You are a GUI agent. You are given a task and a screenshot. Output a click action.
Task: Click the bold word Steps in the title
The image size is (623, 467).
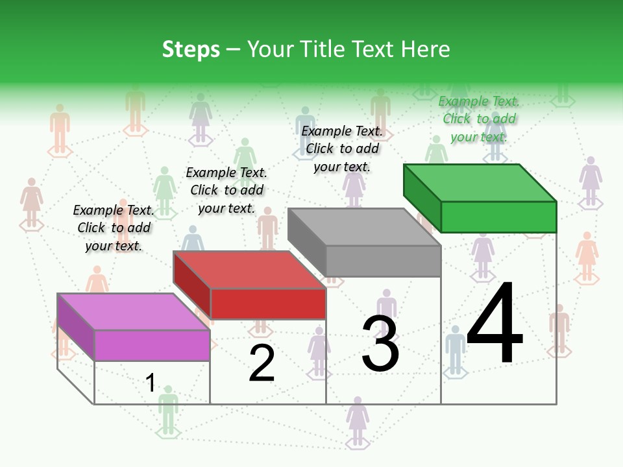point(191,49)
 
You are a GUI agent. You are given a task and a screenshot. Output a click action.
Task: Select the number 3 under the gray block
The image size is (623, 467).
point(380,344)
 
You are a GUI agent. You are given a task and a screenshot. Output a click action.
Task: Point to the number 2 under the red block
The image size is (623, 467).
point(262,363)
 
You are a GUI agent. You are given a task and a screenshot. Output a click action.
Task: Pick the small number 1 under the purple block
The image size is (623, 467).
point(151,383)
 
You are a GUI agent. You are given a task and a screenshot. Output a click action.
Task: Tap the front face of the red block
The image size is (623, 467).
point(268,304)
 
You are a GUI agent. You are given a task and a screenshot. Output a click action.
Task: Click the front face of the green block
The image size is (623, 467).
point(498,217)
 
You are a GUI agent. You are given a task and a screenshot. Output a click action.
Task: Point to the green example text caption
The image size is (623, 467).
point(479,119)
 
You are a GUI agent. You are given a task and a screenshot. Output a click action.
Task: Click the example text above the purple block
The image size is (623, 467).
point(114,228)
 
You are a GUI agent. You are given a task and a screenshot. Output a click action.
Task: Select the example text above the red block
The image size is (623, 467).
point(226,190)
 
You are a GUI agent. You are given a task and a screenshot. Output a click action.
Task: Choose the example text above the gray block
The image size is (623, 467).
point(342,149)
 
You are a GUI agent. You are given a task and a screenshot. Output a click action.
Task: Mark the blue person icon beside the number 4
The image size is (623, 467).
point(456,350)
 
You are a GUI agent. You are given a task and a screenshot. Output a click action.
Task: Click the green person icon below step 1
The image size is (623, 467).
point(168,410)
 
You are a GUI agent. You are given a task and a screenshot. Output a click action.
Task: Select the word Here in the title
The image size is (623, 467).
point(428,49)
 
